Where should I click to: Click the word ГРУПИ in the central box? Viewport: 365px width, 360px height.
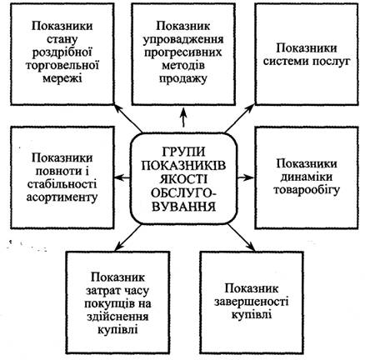(183, 152)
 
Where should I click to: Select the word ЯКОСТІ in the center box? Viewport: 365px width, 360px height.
(183, 179)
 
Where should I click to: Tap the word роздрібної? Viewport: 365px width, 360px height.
(62, 53)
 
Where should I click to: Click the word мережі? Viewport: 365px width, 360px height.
(62, 78)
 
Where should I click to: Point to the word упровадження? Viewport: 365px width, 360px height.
(183, 40)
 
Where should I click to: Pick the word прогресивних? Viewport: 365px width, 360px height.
(183, 53)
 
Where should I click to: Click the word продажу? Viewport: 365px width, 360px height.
(183, 79)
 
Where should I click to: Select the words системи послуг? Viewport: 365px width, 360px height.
(307, 61)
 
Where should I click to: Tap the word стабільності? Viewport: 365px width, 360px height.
(62, 184)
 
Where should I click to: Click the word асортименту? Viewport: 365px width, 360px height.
(62, 197)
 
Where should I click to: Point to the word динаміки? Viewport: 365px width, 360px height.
(307, 177)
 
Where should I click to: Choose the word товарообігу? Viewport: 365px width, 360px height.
(307, 191)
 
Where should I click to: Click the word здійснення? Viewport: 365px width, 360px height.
(117, 317)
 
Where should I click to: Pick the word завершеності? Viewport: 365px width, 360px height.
(252, 302)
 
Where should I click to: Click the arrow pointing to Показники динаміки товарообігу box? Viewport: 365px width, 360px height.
(245, 177)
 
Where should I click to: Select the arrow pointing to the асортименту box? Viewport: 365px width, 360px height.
(122, 177)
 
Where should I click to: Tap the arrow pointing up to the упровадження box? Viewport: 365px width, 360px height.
(183, 117)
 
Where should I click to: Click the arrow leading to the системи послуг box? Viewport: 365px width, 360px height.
(239, 118)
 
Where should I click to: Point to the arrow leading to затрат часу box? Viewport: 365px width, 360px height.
(128, 237)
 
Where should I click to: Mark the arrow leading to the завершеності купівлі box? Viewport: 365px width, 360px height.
(241, 237)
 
